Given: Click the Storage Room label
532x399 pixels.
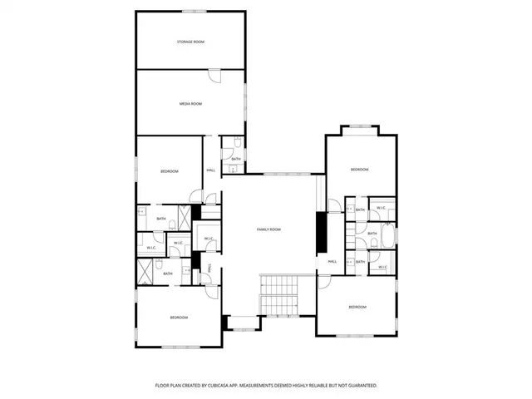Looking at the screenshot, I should [x=190, y=42].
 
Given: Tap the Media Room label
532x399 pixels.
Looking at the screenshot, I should [x=190, y=104].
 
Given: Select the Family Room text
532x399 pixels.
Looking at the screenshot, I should [x=268, y=229].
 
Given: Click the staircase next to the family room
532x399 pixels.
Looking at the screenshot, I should [x=278, y=295].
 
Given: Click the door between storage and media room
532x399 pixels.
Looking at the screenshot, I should [x=214, y=76].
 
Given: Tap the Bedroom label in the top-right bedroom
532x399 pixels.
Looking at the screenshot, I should [x=359, y=170].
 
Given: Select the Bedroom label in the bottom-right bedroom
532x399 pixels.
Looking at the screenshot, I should [x=357, y=308].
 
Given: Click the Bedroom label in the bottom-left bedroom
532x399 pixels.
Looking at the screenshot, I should [x=179, y=318].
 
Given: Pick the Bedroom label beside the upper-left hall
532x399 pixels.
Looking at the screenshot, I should [x=170, y=171].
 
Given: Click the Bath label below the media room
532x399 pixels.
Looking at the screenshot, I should [x=236, y=160].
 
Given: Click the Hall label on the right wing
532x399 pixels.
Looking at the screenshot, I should [x=332, y=262].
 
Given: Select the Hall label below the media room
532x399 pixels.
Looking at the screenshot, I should [x=211, y=170].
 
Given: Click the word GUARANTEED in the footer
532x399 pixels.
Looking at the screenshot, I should [x=359, y=386].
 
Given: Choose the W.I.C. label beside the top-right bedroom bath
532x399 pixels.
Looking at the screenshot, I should [x=381, y=208].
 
